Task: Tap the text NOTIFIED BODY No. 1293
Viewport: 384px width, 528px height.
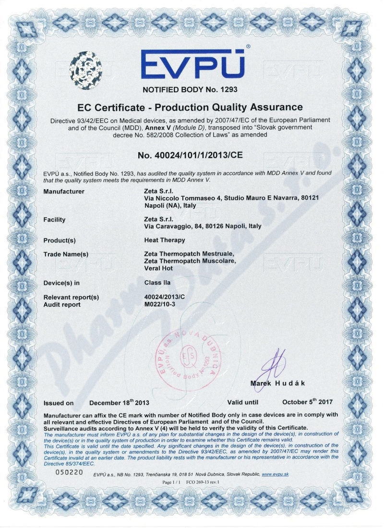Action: (191, 89)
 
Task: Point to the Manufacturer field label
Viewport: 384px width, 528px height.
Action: (64, 192)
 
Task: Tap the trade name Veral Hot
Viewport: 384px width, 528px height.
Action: (158, 268)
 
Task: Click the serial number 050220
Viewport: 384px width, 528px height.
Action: (70, 473)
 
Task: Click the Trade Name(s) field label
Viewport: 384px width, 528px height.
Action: (66, 254)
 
